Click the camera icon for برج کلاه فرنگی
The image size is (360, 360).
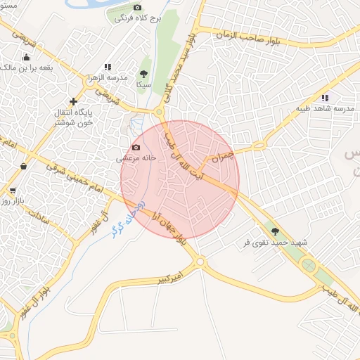[x=136, y=7]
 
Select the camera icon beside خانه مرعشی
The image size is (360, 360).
[x=136, y=148]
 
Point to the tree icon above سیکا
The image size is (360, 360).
[x=143, y=73]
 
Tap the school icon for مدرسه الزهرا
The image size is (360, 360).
[x=108, y=67]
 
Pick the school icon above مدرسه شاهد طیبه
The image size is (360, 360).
[x=324, y=98]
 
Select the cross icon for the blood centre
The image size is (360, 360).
[x=73, y=101]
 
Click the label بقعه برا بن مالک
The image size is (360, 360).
[x=26, y=67]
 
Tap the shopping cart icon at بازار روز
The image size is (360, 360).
[x=12, y=191]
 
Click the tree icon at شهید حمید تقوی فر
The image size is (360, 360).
[x=275, y=231]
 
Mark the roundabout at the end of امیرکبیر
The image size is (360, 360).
[x=200, y=262]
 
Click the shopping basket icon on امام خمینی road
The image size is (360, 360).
[x=24, y=167]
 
